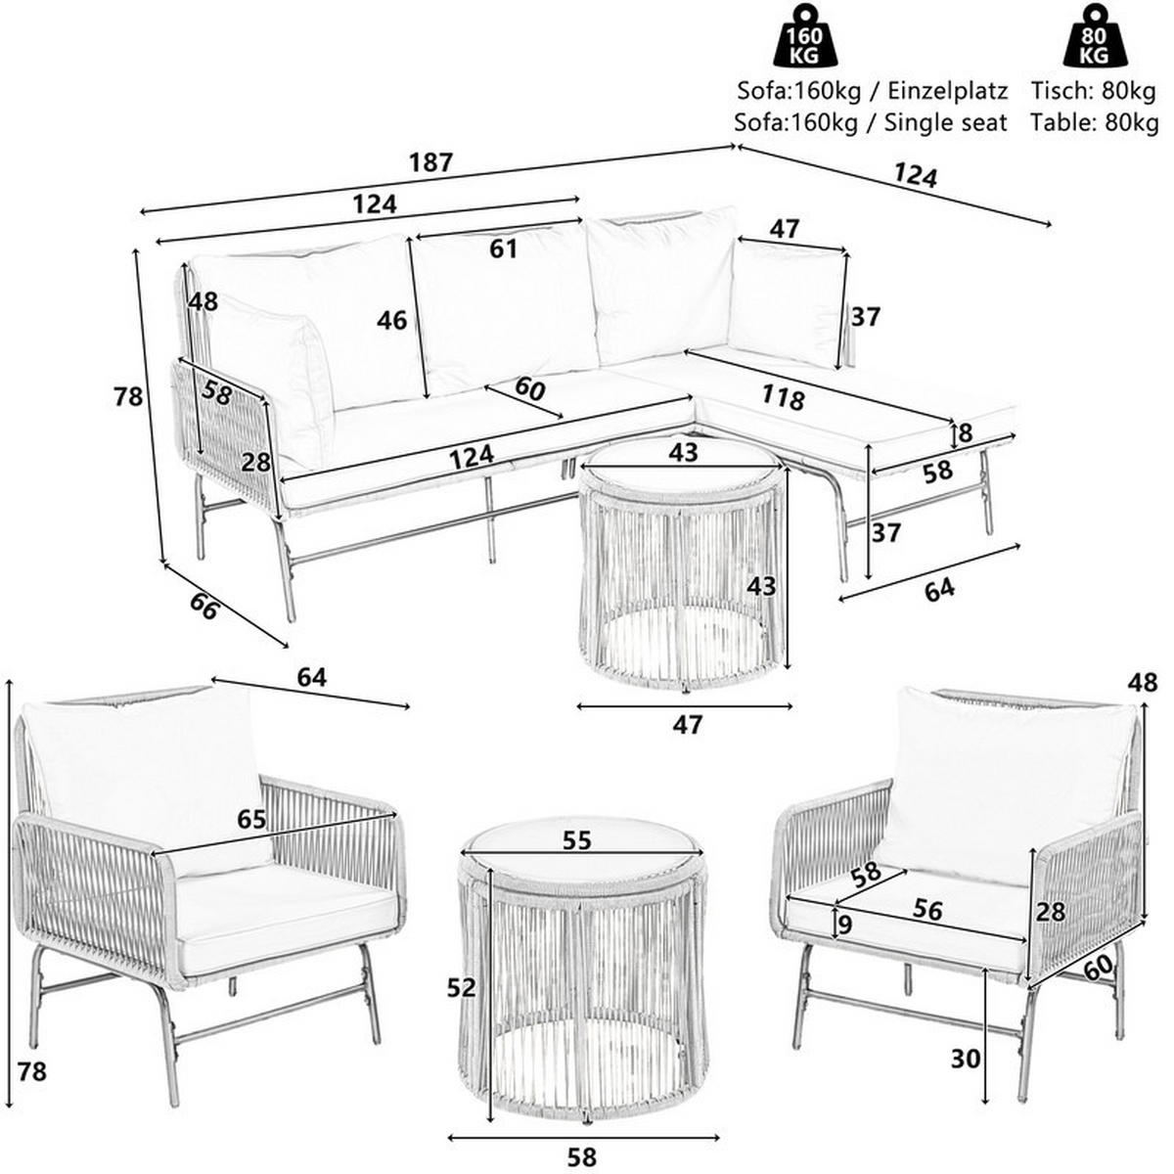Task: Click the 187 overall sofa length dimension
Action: pos(431,162)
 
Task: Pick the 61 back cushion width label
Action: pos(503,249)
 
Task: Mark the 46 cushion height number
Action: pos(391,320)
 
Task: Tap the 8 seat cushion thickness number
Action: pos(966,432)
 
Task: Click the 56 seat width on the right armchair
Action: pos(927,911)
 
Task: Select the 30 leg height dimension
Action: pos(964,1059)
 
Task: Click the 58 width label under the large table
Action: pos(581,1156)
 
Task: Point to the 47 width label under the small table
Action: pos(688,724)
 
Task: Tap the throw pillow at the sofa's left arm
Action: pos(279,372)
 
